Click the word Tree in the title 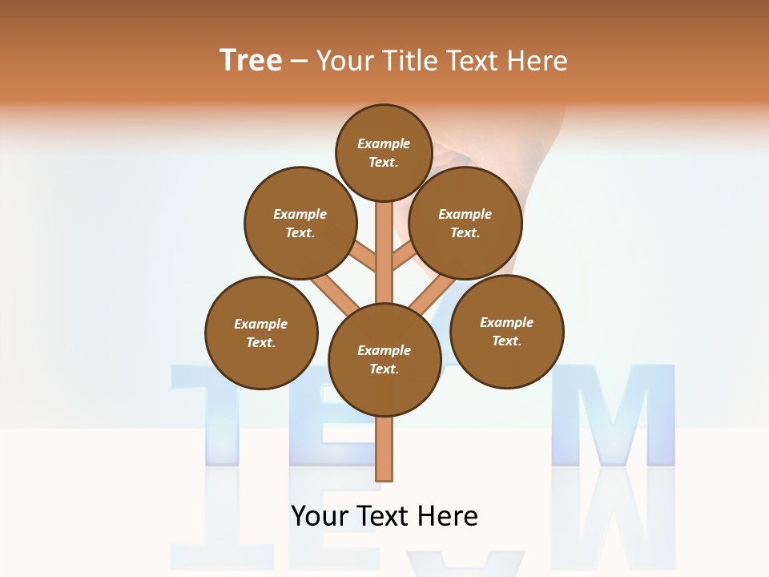click(x=251, y=61)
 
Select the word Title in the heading click(x=409, y=61)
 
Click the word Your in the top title click(x=346, y=61)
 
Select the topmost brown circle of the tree click(x=384, y=152)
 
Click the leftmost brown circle click(x=261, y=333)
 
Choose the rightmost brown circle click(x=506, y=331)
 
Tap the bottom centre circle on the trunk click(x=384, y=360)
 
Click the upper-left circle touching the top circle click(x=300, y=223)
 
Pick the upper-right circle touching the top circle click(x=465, y=223)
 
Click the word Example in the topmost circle click(x=384, y=144)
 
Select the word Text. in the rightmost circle click(x=506, y=341)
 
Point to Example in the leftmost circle click(x=260, y=324)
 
